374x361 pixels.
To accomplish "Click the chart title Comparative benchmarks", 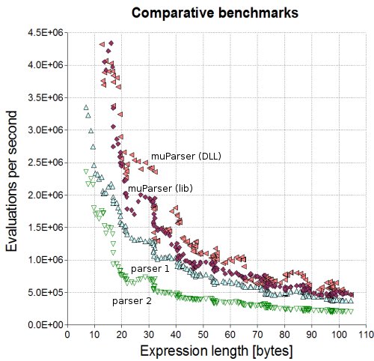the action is [x=215, y=13].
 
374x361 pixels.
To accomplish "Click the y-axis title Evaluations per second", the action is [x=11, y=181].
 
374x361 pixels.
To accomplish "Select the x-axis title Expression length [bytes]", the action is [x=216, y=351].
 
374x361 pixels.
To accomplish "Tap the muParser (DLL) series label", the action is [x=186, y=157].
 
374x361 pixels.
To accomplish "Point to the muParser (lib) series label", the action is [x=160, y=189].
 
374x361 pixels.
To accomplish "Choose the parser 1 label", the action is [x=150, y=269].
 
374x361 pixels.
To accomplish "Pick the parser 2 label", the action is [x=132, y=301].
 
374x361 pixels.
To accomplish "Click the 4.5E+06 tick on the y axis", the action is [x=46, y=33].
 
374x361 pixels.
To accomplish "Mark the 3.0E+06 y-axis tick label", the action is [x=46, y=130].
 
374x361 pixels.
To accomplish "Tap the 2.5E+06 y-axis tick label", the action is [x=46, y=163].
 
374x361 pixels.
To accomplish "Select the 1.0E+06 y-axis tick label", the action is [x=46, y=260].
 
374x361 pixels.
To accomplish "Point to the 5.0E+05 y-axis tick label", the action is [x=46, y=292].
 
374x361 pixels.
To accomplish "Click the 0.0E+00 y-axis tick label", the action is [x=46, y=325].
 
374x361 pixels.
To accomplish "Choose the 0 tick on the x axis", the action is [x=67, y=335].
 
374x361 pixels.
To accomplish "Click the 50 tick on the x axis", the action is [x=203, y=335].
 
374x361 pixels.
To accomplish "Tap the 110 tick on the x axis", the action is [x=366, y=335].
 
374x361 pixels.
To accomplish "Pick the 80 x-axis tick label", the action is [x=284, y=335].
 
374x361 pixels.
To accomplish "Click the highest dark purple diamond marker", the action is [x=111, y=43].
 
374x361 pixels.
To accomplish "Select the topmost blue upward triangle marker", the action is [x=86, y=108].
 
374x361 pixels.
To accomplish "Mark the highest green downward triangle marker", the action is [x=86, y=172].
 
